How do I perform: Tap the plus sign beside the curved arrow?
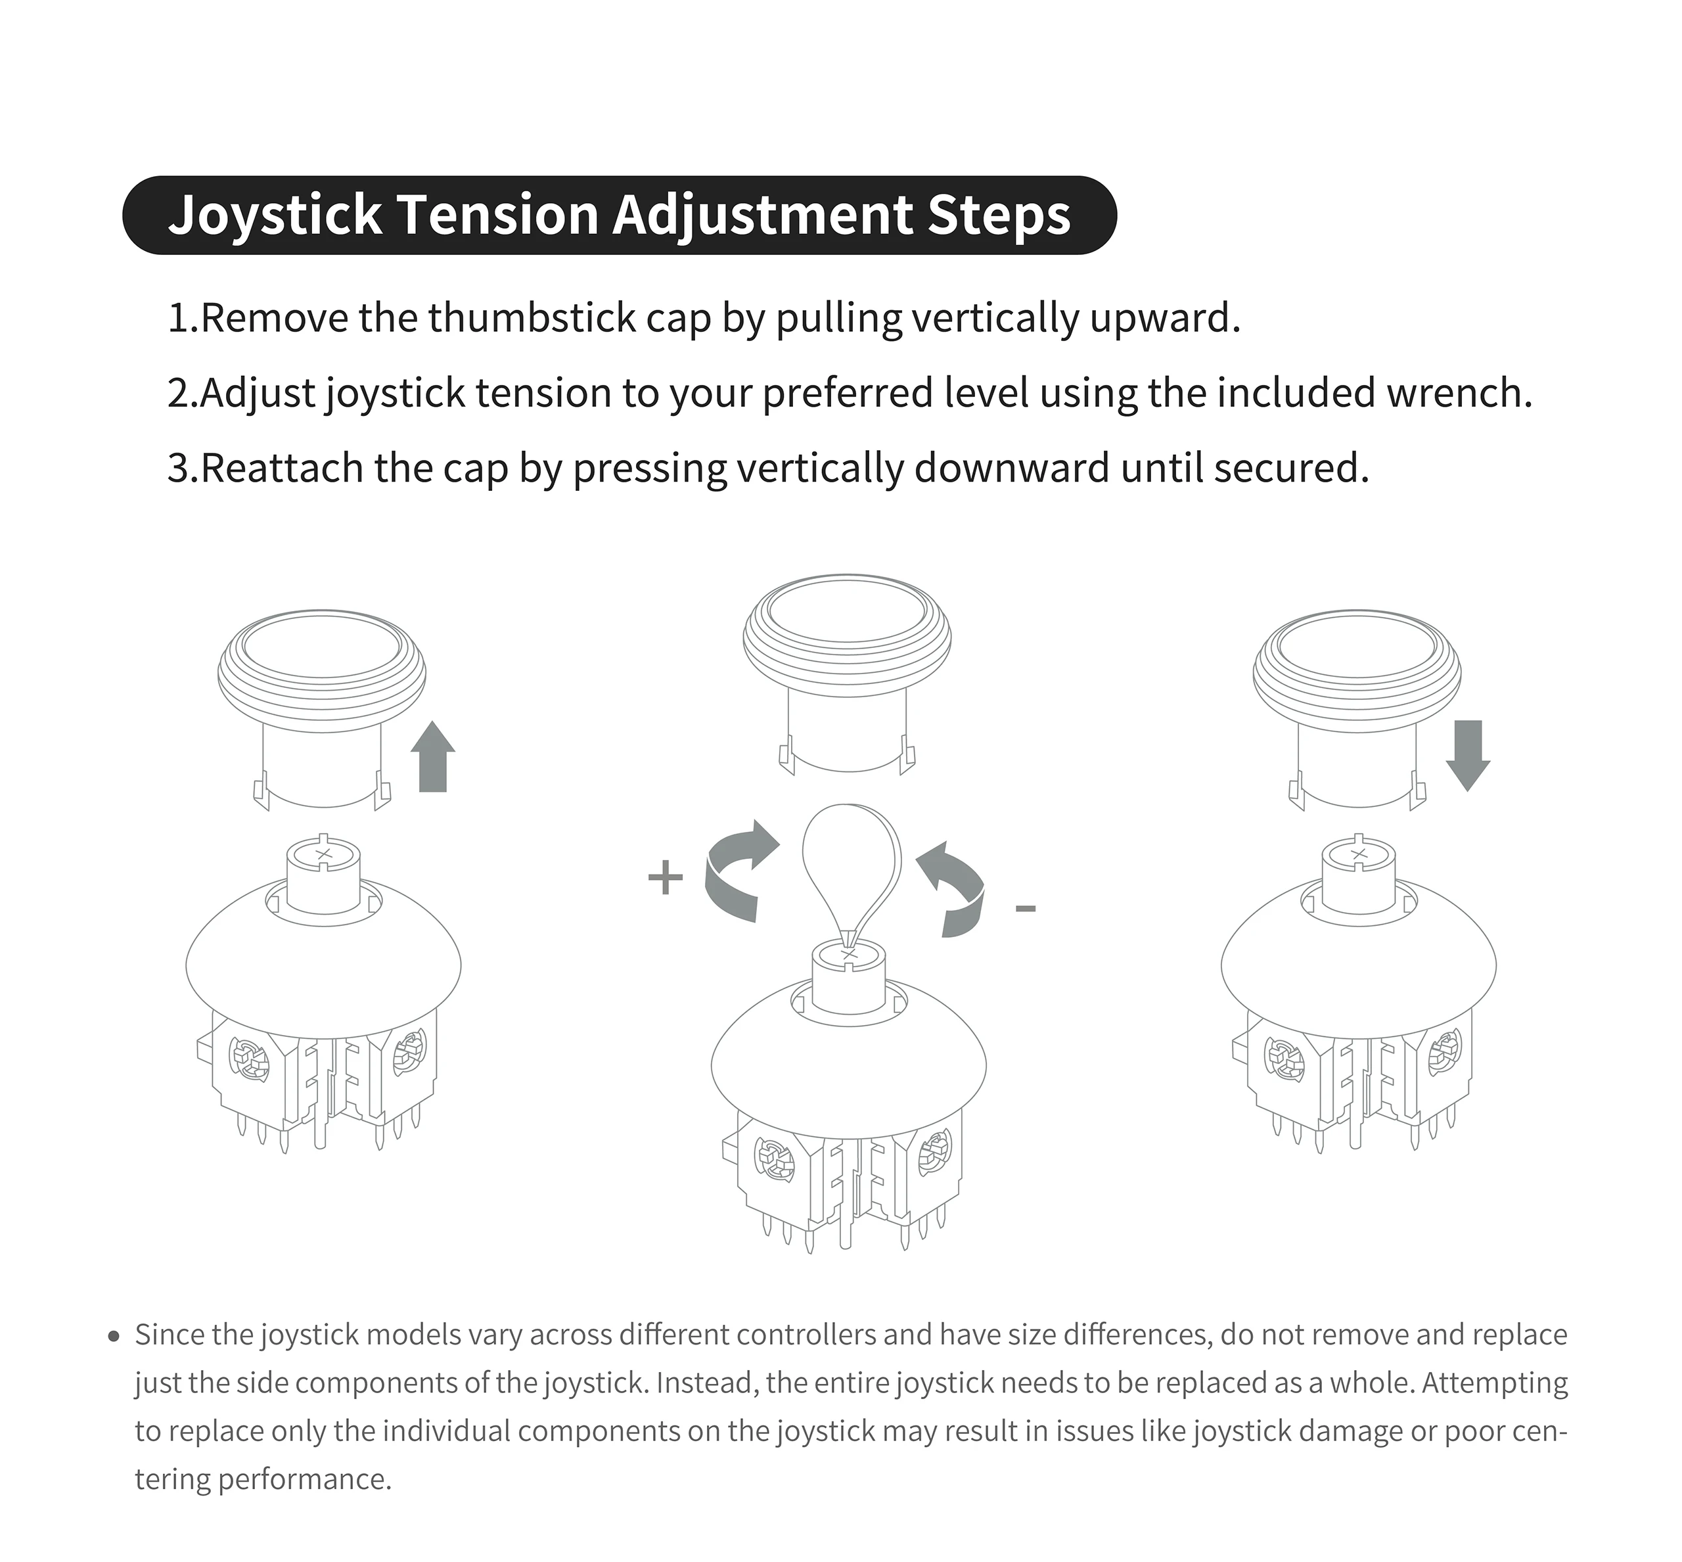(665, 877)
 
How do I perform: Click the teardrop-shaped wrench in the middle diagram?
(851, 862)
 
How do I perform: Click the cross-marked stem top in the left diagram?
(324, 854)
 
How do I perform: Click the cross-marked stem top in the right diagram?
(1358, 854)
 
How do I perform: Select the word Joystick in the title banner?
(275, 215)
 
